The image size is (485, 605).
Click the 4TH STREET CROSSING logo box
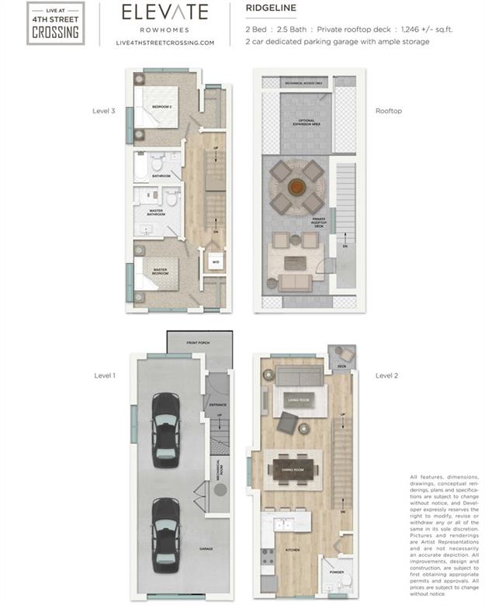[x=54, y=23]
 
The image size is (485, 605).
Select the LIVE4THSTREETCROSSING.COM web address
[x=164, y=43]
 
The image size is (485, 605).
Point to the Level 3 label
[x=103, y=111]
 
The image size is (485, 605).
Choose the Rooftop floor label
[x=388, y=111]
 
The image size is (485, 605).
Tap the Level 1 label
[x=104, y=375]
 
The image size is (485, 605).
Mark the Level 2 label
[x=386, y=375]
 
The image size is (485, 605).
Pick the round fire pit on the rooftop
[x=296, y=187]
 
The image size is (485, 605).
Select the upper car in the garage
[x=165, y=420]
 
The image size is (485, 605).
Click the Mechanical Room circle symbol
[x=220, y=490]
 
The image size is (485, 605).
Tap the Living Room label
[x=299, y=400]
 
